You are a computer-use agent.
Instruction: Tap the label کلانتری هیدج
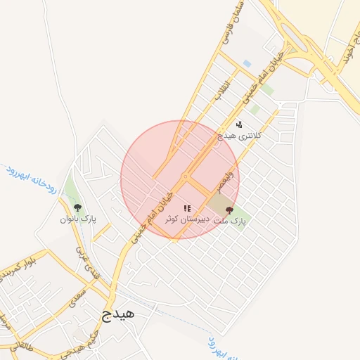(239, 134)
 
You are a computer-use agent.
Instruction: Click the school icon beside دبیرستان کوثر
(187, 208)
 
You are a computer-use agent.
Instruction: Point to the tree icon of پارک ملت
(229, 211)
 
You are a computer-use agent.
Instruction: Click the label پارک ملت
(230, 221)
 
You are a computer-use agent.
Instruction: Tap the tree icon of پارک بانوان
(77, 207)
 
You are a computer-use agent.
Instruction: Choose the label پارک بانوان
(78, 219)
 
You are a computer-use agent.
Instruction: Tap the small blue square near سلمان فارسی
(246, 64)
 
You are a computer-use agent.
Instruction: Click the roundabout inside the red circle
(185, 176)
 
